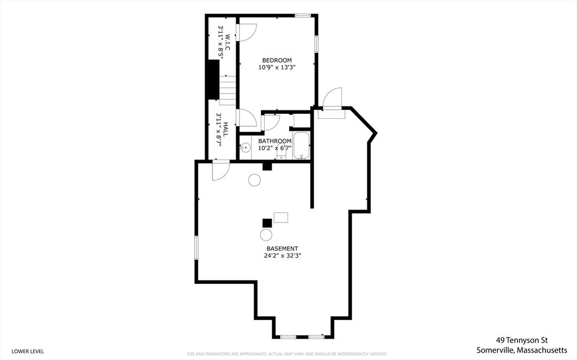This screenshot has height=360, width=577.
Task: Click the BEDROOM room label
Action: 277,60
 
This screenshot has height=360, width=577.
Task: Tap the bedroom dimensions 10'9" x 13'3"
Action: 277,67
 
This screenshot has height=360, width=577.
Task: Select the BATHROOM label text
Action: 275,141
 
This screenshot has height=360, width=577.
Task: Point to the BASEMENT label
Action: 282,248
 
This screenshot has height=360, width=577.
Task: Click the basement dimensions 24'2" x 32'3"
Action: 282,255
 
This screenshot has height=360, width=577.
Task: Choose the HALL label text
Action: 225,130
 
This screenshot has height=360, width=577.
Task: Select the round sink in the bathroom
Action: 246,149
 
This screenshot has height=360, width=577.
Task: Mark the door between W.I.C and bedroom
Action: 247,32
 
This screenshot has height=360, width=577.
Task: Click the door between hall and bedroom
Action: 247,118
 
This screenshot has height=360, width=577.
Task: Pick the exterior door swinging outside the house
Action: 332,99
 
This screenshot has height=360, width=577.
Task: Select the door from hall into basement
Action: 220,171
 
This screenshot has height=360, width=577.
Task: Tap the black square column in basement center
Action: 266,223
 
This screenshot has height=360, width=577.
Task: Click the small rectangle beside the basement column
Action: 281,217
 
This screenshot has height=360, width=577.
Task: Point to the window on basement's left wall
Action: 197,248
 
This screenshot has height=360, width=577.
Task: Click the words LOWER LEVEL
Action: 28,351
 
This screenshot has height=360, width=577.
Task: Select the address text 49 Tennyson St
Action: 522,340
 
